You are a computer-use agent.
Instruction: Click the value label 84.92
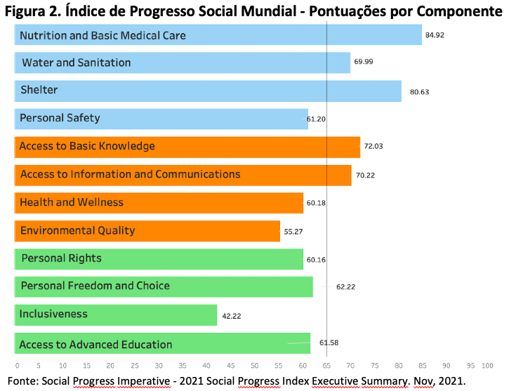(435, 35)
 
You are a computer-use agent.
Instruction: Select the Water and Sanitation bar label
(77, 62)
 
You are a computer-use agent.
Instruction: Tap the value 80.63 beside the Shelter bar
(419, 92)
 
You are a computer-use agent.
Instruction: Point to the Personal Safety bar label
(60, 118)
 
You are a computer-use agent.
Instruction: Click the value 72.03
(374, 146)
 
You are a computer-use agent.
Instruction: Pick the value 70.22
(365, 175)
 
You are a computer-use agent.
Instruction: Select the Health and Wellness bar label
(72, 202)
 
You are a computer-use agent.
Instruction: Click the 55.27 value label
(293, 232)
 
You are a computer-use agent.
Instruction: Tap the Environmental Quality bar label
(78, 230)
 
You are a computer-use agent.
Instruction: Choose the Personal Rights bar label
(61, 258)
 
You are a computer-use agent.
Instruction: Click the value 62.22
(345, 287)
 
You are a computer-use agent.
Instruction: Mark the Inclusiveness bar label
(53, 314)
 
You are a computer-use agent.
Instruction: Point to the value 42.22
(232, 316)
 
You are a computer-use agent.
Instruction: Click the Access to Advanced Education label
(95, 344)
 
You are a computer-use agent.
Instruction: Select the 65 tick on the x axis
(326, 366)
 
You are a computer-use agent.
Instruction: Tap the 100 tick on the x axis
(487, 366)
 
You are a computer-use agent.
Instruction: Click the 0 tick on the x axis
(18, 366)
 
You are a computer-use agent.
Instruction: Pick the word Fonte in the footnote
(22, 380)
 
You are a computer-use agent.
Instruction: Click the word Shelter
(39, 90)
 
